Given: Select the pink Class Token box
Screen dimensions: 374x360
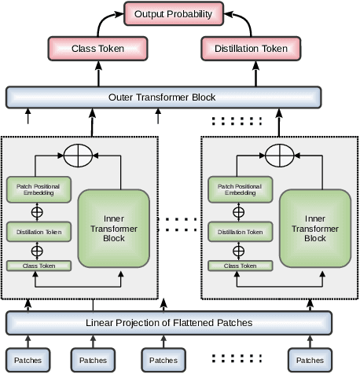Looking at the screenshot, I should pyautogui.click(x=99, y=49).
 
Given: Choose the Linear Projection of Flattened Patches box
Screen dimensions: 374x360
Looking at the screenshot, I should pyautogui.click(x=169, y=323).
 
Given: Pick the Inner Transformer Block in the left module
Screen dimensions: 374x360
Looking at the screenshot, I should pyautogui.click(x=114, y=227).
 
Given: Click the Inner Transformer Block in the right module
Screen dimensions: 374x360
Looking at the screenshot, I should pyautogui.click(x=314, y=227).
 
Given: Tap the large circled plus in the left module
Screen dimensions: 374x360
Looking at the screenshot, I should pyautogui.click(x=77, y=156).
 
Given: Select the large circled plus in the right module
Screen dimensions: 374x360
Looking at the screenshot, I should pyautogui.click(x=277, y=156).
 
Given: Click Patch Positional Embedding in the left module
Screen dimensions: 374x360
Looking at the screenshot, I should pyautogui.click(x=39, y=189).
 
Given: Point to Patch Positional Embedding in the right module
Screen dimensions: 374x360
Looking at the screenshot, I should pyautogui.click(x=240, y=189).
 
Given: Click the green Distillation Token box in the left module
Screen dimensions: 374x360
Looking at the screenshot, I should pyautogui.click(x=39, y=232).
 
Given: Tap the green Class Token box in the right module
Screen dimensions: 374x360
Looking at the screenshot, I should pyautogui.click(x=240, y=266).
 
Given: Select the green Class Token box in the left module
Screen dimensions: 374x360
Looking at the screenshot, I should pyautogui.click(x=39, y=266).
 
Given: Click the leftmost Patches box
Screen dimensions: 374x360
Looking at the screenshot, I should pyautogui.click(x=28, y=361).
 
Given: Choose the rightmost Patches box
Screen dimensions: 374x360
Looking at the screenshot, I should pyautogui.click(x=309, y=361).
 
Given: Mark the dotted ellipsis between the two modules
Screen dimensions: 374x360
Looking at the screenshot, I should pyautogui.click(x=179, y=224).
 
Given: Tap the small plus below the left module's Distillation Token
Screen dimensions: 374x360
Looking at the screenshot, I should pyautogui.click(x=36, y=251).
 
